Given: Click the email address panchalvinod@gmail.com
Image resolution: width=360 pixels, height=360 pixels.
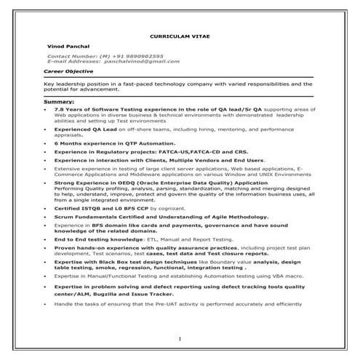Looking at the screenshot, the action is pos(138,62).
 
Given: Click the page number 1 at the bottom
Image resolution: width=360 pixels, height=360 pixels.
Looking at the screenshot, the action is pos(179,339).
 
